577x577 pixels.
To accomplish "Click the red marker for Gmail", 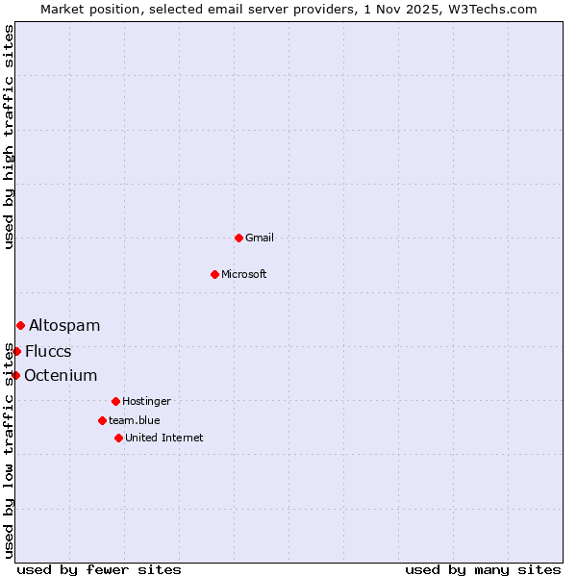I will click(238, 238).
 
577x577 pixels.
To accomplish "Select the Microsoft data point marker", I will click(214, 274).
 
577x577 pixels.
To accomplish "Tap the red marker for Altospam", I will click(20, 325).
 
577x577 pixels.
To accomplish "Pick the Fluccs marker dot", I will click(16, 351).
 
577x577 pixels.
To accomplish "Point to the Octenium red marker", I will click(15, 375).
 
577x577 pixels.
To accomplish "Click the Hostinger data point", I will click(115, 401).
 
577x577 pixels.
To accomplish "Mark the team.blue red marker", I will click(102, 420).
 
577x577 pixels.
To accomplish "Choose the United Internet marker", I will click(118, 438).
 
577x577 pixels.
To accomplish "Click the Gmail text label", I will click(260, 238).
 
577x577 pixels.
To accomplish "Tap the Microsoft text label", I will click(244, 274).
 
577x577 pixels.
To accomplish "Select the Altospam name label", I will click(64, 325).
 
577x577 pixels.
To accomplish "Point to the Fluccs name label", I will click(48, 351).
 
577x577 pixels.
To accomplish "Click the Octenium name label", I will click(61, 375).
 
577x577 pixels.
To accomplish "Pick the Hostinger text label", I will click(146, 401).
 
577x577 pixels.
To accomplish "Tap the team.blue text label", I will click(135, 420).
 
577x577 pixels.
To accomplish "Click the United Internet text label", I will click(164, 438).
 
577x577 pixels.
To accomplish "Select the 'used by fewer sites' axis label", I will click(99, 569).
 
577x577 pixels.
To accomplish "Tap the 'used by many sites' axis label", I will click(483, 569).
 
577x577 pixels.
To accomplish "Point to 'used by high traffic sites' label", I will click(9, 137).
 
